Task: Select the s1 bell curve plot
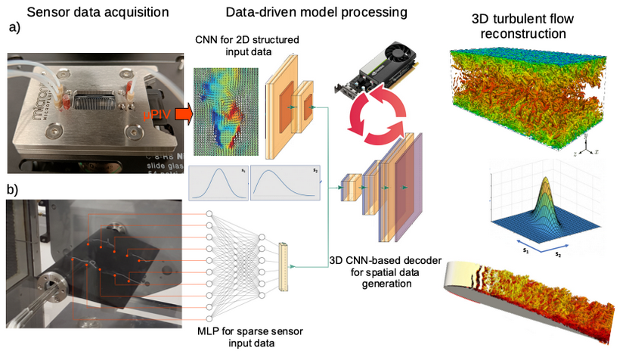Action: (x=218, y=184)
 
